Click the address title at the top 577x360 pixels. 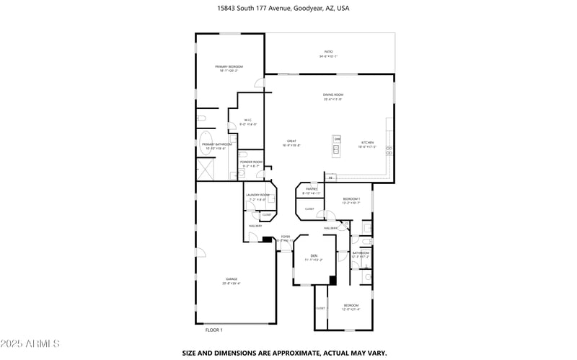[x=288, y=9]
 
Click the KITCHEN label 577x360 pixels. [x=367, y=144]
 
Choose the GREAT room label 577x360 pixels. [x=292, y=142]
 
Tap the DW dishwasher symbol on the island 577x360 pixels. [x=336, y=139]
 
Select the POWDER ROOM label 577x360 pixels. [x=250, y=162]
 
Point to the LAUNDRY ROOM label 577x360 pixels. [x=257, y=196]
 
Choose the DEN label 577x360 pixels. [x=314, y=256]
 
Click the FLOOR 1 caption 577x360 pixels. [x=214, y=330]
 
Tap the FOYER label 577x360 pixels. [x=286, y=237]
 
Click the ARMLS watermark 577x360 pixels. [x=31, y=343]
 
